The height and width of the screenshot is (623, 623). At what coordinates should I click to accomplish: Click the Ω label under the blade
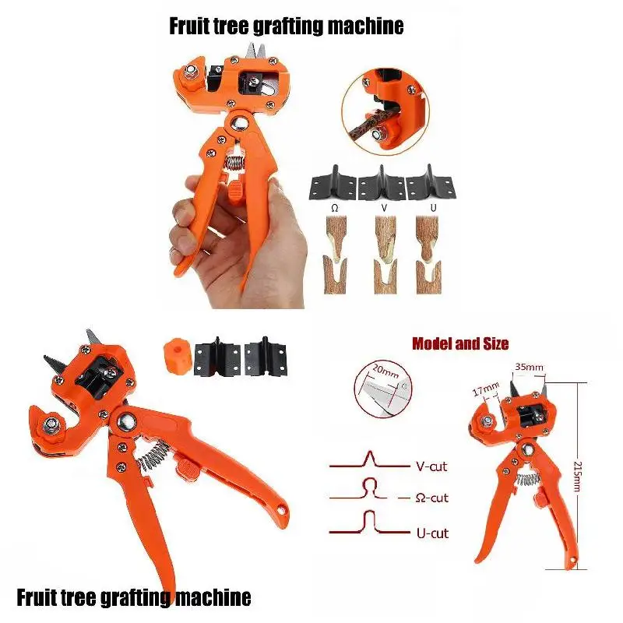pos(333,209)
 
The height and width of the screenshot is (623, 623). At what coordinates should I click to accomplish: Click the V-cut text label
pos(428,467)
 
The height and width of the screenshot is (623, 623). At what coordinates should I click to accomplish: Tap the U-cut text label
pos(428,533)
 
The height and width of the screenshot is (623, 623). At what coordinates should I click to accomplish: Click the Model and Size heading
pos(460,343)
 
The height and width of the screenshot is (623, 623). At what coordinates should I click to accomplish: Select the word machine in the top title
pos(364,26)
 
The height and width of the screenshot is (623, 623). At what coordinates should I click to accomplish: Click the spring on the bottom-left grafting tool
pos(154,456)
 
